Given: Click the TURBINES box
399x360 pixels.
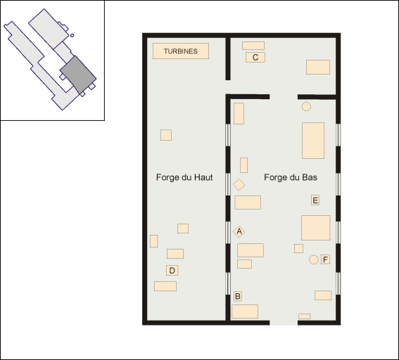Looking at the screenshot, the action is point(181,51).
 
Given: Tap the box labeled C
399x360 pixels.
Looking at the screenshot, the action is point(255,57).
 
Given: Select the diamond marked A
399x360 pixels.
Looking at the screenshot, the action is point(239,231).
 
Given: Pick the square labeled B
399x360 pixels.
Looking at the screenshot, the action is point(238,296).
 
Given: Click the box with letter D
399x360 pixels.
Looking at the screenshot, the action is point(172,270).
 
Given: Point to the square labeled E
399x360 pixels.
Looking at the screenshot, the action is point(315,200).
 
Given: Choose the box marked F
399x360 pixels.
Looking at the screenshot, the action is point(325,259).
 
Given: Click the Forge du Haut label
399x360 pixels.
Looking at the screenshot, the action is point(184,177).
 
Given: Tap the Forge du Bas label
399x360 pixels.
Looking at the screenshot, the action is point(291,177).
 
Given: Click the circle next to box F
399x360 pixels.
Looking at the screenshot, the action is point(314,259).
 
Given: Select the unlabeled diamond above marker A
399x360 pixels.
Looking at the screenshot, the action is point(239,185).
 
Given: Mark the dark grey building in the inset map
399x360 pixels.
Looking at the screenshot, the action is point(78,75).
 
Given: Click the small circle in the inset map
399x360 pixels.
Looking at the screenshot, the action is point(72,35).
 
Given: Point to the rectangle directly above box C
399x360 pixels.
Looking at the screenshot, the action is point(253,46).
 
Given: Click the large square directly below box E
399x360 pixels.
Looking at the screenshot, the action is point(315,228).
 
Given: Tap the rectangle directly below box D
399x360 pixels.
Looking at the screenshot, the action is point(165,286).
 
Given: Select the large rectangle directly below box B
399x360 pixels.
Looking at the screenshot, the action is point(245,311).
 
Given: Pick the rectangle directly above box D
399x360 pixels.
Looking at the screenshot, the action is point(175,254).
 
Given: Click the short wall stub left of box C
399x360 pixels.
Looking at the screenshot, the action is point(228,59).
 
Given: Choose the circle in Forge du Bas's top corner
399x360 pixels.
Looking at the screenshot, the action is point(306,107).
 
